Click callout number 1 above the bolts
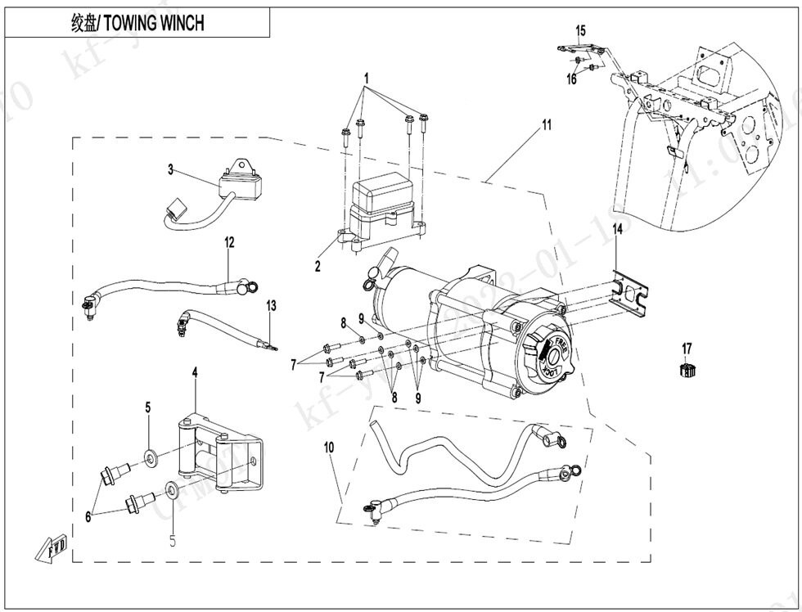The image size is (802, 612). tap(367, 79)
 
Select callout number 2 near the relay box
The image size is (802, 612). tap(318, 266)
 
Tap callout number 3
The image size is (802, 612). tap(171, 170)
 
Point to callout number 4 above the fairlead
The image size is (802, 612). tap(195, 372)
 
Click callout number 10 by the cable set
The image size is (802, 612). tap(329, 448)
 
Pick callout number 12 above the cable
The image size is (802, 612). tap(230, 242)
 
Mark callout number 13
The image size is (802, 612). tap(271, 306)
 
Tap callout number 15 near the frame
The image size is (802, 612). tap(580, 31)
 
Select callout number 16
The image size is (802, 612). tap(572, 79)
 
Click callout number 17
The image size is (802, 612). tap(687, 349)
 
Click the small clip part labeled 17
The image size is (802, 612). tap(687, 371)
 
